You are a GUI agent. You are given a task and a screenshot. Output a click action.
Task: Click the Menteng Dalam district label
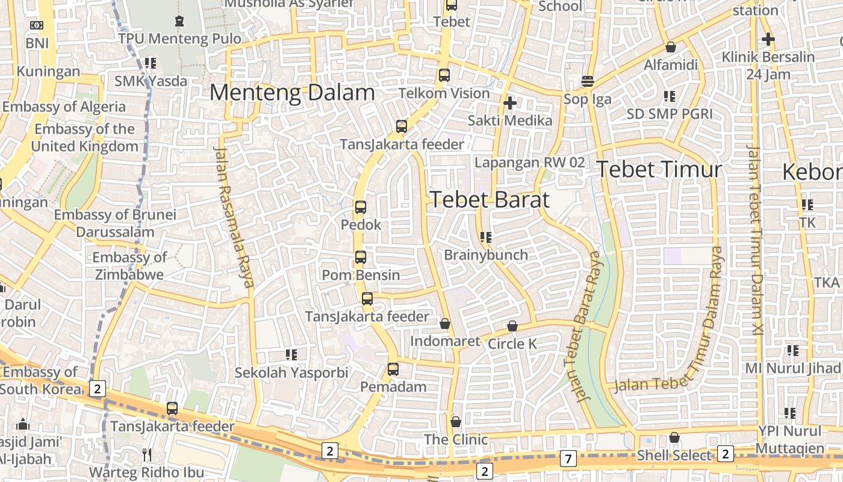[x=292, y=93]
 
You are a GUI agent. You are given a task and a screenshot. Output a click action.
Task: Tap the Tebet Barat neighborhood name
[x=490, y=199]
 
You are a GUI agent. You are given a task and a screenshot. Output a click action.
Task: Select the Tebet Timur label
[x=659, y=169]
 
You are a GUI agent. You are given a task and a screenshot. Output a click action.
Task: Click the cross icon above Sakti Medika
[x=510, y=103]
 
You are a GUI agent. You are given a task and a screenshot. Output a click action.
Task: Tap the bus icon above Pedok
[x=361, y=207]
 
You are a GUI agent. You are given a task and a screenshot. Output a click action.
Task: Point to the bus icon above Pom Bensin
[x=361, y=257]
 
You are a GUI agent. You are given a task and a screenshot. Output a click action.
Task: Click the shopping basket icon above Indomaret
[x=445, y=324]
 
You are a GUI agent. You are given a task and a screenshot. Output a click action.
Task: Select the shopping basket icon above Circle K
[x=512, y=326]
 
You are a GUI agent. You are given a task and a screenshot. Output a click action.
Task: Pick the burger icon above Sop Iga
[x=588, y=81]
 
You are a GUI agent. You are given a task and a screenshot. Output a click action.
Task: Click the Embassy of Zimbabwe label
[x=129, y=266]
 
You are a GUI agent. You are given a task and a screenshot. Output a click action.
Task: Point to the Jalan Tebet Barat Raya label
[x=582, y=325]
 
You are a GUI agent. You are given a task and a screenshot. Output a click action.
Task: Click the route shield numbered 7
[x=568, y=459]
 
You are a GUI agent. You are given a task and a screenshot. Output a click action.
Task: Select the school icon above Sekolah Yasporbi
[x=291, y=355]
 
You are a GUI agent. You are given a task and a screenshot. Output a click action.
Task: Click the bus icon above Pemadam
[x=393, y=369]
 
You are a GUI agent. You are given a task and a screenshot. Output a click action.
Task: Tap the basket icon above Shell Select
[x=674, y=437]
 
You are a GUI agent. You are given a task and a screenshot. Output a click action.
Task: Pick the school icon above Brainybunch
[x=486, y=237]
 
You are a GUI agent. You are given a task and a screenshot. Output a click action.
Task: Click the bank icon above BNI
[x=37, y=25]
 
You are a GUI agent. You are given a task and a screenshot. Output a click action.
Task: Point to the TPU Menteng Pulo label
[x=179, y=39]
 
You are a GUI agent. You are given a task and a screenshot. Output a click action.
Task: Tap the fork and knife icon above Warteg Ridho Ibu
[x=147, y=454]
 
